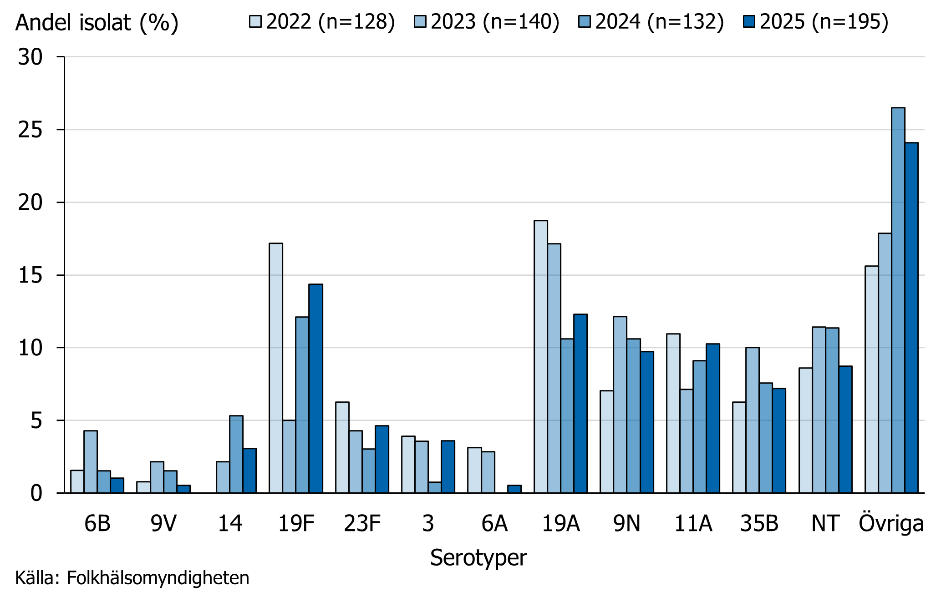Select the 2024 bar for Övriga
pos(898,300)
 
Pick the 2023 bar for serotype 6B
pos(91,461)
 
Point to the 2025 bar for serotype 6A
pos(514,489)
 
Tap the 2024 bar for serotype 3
pos(435,487)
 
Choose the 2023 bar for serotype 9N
pos(620,405)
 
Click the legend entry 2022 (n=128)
pos(322,21)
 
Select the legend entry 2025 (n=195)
pos(815,21)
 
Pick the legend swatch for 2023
pos(420,21)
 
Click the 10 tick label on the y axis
pos(30,348)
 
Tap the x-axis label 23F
pos(362,523)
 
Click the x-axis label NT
pos(825,523)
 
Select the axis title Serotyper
pos(478,557)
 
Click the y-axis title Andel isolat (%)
pos(97,22)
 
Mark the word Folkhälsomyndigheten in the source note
pos(158,578)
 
